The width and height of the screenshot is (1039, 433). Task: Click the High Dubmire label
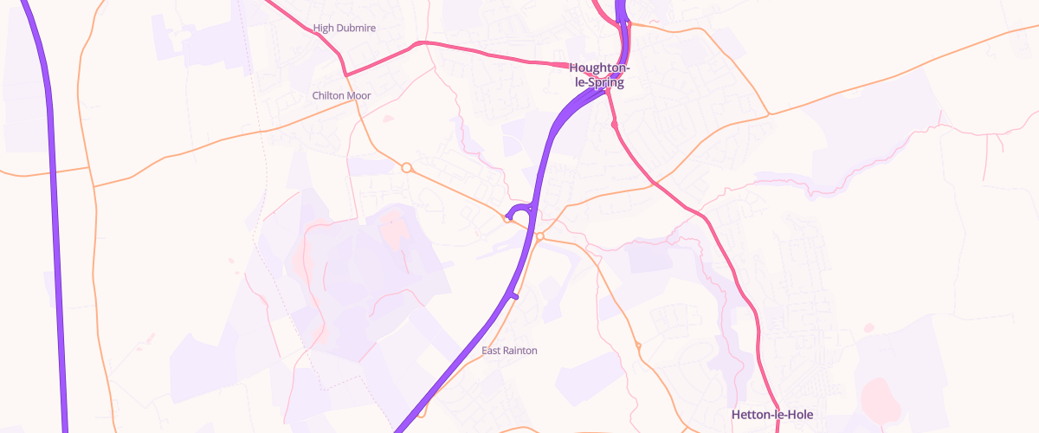tap(345, 29)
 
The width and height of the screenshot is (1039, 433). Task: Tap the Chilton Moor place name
tap(341, 95)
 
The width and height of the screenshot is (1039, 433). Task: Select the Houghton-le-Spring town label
tap(599, 75)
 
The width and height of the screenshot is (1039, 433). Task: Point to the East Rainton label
tap(509, 351)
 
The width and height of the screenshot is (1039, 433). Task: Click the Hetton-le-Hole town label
tap(772, 415)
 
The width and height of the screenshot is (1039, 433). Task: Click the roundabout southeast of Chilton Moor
tap(406, 167)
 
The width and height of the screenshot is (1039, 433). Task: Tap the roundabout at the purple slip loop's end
tap(507, 218)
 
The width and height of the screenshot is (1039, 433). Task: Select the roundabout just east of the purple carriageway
tap(539, 236)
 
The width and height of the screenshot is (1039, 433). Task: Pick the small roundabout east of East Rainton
tap(638, 346)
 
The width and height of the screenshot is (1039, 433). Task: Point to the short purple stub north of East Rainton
tap(514, 296)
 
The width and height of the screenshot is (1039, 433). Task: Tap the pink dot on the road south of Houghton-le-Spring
tap(614, 126)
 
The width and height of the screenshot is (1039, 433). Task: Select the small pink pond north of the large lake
tap(868, 327)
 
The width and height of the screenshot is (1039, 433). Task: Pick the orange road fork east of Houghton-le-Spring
tap(767, 113)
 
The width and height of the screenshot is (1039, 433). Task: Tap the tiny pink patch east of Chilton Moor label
tap(387, 118)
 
